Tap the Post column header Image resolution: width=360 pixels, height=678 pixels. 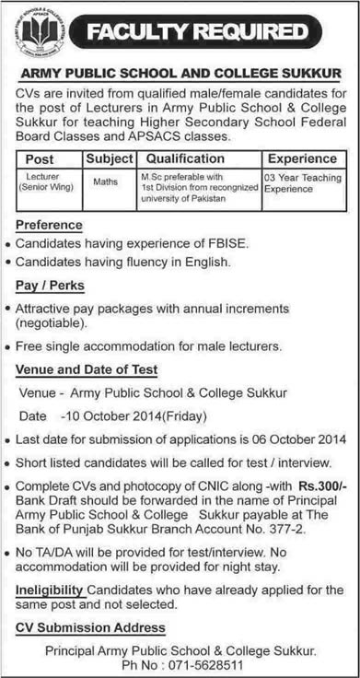click(x=41, y=158)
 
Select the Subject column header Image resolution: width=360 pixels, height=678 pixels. click(x=110, y=158)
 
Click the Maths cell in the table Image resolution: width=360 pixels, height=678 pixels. click(x=105, y=181)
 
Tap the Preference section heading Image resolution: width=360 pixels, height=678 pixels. click(x=50, y=224)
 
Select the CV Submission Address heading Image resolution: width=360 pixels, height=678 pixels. click(x=91, y=626)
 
